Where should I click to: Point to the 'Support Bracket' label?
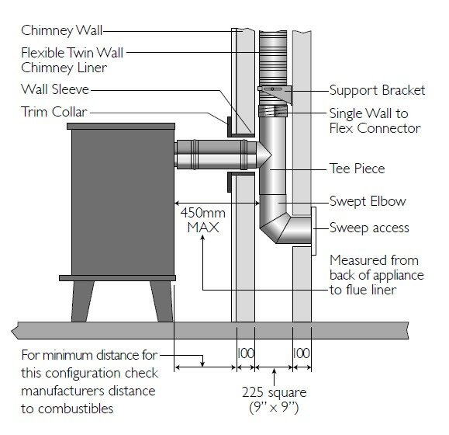click(x=377, y=90)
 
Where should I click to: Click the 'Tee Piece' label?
click(x=357, y=168)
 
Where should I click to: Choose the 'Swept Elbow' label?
click(x=368, y=201)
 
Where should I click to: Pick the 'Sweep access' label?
click(x=369, y=228)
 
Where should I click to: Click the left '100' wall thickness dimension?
click(x=246, y=353)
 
